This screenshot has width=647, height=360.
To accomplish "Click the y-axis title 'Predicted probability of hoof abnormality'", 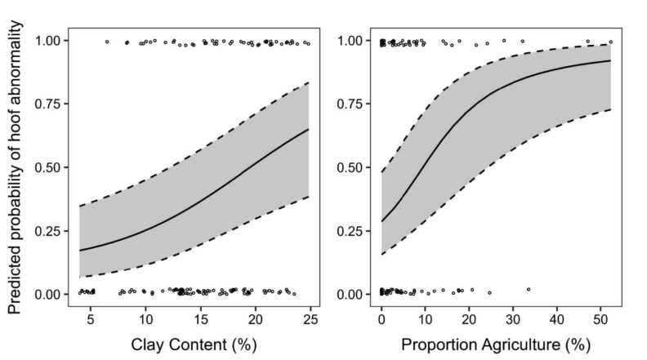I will coord(16,167).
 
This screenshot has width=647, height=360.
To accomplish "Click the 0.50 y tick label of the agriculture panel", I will coord(353,167).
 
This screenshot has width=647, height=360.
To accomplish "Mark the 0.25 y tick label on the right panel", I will coord(353,230).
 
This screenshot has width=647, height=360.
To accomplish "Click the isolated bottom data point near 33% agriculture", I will coord(529,289).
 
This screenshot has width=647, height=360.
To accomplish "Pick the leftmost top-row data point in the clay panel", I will coord(107,41).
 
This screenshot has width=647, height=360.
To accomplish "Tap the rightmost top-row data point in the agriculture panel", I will coord(610,42).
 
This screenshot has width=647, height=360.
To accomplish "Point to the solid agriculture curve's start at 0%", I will coord(382,221).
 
